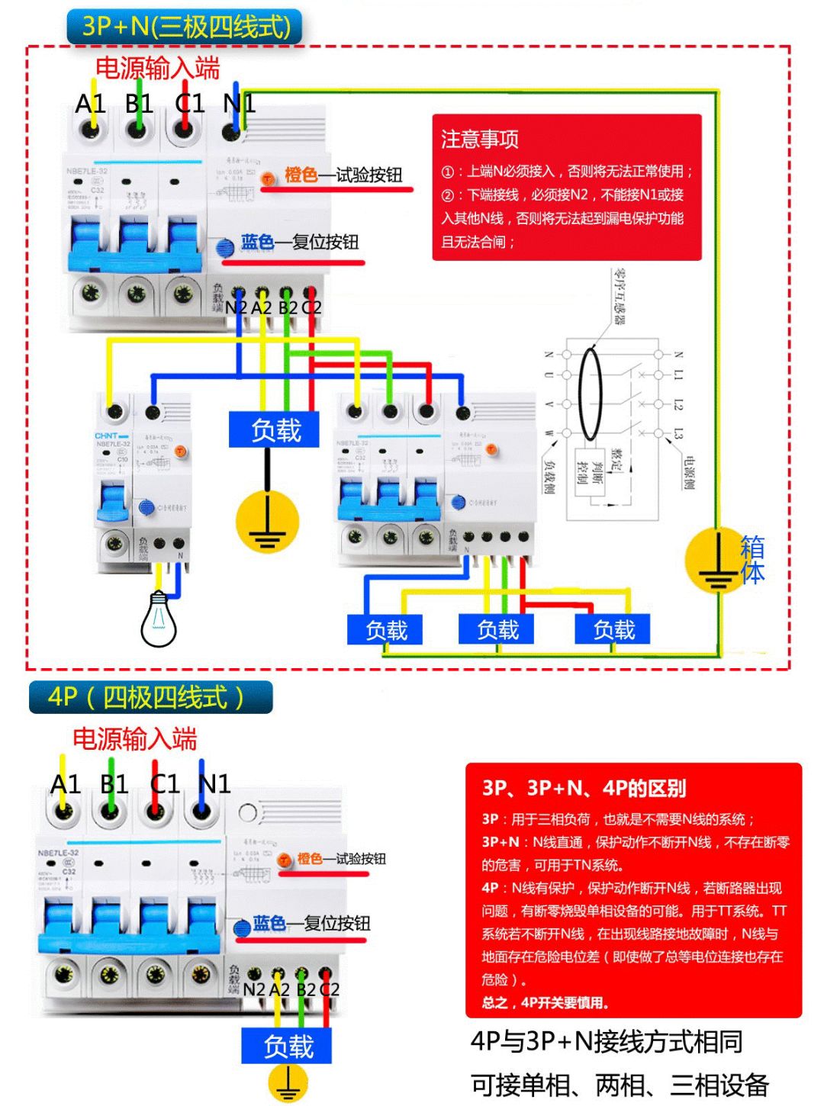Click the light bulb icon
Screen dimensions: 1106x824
pos(159,619)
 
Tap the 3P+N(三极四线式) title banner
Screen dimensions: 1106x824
pos(185,27)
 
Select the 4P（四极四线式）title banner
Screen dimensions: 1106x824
pos(150,697)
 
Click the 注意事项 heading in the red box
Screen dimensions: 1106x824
pos(480,139)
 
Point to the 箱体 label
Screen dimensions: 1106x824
pos(752,559)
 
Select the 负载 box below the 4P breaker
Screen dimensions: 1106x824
pos(288,1046)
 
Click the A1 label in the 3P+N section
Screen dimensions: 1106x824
pos(90,104)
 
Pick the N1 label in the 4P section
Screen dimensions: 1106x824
pos(214,783)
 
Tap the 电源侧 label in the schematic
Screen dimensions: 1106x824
pos(689,473)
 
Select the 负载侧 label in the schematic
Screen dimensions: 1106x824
pos(549,476)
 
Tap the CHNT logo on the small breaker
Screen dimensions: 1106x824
pos(107,436)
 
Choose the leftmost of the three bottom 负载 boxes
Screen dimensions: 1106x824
pos(385,630)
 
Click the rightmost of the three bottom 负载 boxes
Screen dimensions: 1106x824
pos(614,630)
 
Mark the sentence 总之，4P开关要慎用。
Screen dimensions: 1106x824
pos(546,1002)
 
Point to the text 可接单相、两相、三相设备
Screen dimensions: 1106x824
pos(620,1084)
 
